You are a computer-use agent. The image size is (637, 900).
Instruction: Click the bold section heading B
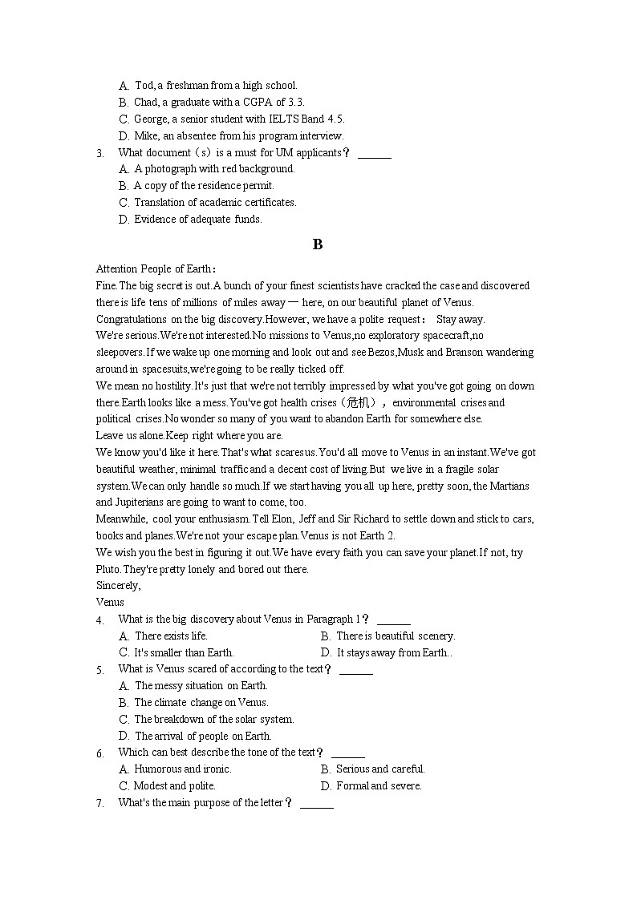click(318, 244)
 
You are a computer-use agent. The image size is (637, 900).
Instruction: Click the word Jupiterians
click(122, 502)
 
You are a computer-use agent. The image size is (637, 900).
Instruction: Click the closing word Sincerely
click(118, 585)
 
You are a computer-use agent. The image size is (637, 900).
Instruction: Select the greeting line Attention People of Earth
click(156, 268)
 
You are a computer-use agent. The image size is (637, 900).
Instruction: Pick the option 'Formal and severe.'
click(379, 785)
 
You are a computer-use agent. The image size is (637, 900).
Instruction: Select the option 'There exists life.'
click(171, 636)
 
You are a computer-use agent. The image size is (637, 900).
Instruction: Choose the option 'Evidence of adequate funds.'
click(197, 219)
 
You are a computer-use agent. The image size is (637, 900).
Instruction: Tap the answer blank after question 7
click(316, 804)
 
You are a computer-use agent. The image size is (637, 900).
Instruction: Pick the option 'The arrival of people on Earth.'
click(203, 736)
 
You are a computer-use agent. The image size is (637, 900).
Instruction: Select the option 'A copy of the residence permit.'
click(204, 185)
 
